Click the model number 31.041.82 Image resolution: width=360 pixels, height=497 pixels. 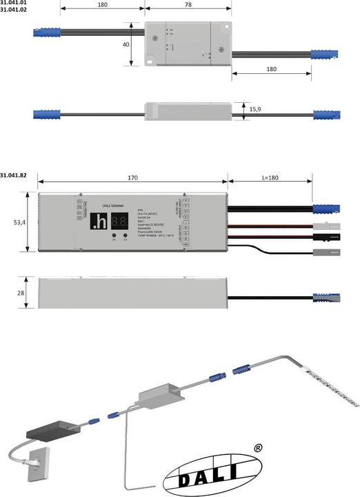coord(13,175)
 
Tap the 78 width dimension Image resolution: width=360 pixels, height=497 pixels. coord(188,5)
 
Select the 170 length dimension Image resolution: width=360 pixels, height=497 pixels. coord(132,177)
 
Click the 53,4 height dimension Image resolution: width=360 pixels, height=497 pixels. coord(19,223)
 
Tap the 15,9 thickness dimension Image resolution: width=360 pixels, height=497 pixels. coord(254,109)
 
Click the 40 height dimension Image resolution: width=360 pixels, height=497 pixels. coord(125,45)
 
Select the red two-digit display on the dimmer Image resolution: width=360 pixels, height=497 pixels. coord(120,221)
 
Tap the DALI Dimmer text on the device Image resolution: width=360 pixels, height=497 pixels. coord(112,205)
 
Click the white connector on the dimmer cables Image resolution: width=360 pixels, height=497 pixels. coord(324,225)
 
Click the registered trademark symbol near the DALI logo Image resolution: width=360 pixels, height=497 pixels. coord(257,448)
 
